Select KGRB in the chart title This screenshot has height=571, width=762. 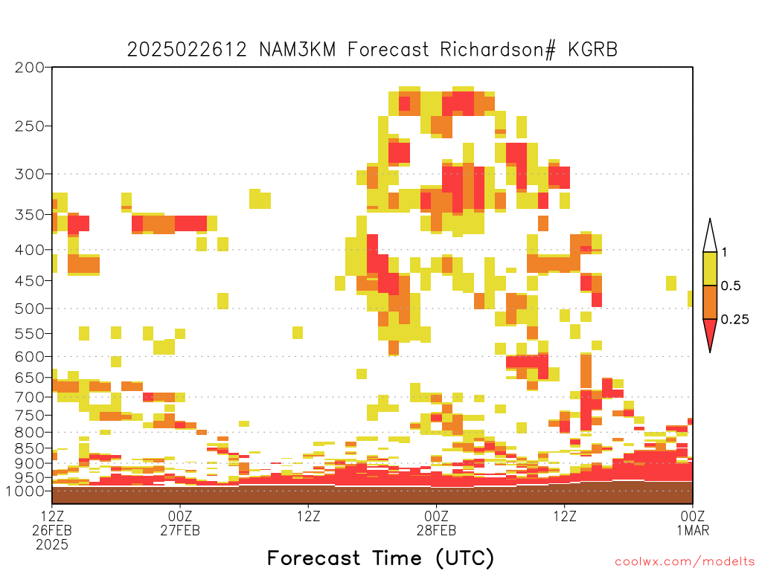tap(592, 50)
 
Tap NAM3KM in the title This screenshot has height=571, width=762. tap(298, 50)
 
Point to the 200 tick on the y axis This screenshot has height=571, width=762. tap(30, 68)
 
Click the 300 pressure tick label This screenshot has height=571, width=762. tap(30, 174)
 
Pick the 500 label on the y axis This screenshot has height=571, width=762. tap(30, 309)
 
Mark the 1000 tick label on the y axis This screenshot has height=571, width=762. tap(25, 491)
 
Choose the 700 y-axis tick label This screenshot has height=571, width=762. tap(30, 397)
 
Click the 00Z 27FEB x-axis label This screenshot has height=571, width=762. tap(180, 523)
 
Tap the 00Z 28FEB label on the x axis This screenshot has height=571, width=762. tap(436, 523)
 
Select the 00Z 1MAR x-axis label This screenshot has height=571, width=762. tap(693, 523)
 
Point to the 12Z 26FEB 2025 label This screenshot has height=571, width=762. tap(52, 530)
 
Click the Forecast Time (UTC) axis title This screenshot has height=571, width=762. tap(380, 558)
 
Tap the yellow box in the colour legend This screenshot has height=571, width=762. tap(710, 268)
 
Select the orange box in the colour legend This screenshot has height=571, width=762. tap(710, 302)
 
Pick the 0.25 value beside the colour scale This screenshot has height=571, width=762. tap(734, 320)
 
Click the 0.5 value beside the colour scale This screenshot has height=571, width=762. tap(731, 286)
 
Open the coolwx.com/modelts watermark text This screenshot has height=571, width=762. tap(685, 562)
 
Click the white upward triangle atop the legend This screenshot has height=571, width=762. tap(710, 236)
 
